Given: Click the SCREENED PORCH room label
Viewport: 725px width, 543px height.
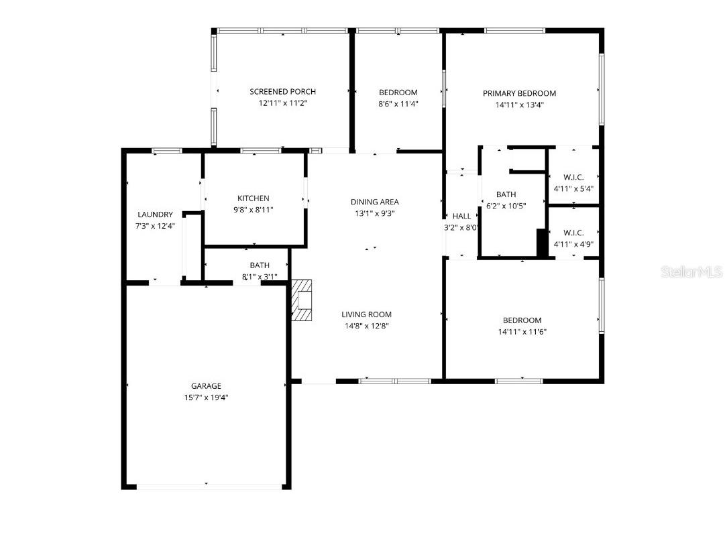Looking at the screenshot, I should pos(282,92).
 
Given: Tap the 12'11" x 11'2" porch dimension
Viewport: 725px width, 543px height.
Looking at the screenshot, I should pos(282,103).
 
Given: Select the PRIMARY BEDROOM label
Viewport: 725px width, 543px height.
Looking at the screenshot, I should pos(519,94).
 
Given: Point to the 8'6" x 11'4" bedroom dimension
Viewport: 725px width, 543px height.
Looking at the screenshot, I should pos(398,104).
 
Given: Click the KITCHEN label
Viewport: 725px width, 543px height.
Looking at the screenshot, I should pos(254,198).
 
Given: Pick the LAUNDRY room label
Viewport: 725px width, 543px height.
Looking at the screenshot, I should pos(155,215).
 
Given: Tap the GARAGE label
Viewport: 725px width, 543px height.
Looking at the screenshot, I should pos(206,386).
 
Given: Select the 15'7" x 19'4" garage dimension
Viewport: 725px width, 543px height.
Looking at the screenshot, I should pos(206,398).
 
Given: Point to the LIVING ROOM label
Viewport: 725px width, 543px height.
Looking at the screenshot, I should pos(366,314).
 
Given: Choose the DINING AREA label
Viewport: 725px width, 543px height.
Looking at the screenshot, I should pos(374,202).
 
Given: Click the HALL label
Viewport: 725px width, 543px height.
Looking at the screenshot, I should pos(461,217).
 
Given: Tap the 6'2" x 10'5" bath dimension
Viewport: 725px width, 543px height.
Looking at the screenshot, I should pos(506,206).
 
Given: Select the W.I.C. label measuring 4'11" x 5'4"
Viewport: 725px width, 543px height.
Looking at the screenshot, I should pos(573,178).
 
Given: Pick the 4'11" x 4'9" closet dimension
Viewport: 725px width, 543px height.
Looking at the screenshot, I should pos(573,244).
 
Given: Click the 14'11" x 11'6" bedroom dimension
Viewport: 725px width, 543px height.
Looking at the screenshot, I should pos(522,332).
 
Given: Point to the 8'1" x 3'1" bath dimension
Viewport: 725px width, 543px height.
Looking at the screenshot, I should pos(259,276).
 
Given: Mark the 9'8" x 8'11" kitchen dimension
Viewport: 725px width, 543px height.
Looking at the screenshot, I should pos(254,210).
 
